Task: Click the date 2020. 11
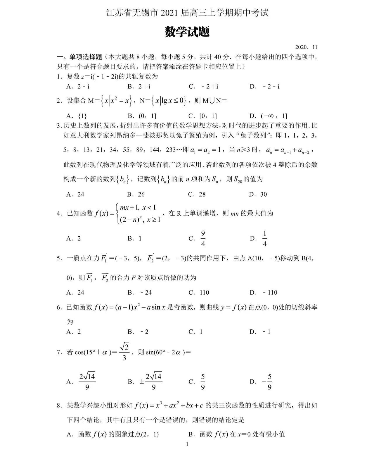(x=306, y=47)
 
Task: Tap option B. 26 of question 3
(x=136, y=194)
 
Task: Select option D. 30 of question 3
(x=258, y=194)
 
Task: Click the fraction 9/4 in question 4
(x=203, y=238)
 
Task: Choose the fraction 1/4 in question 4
(x=265, y=238)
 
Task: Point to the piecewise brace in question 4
(x=118, y=214)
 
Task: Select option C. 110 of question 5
(x=199, y=292)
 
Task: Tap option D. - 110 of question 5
(x=263, y=292)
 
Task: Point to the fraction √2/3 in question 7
(x=124, y=352)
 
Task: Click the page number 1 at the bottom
(x=187, y=452)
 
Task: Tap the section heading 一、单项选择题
(x=79, y=57)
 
